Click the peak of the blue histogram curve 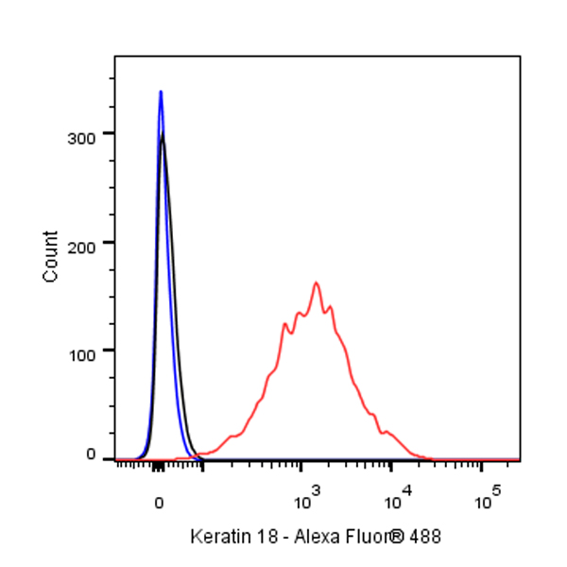(161, 93)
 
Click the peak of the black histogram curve (163, 135)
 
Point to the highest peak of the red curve (317, 283)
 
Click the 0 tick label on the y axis (93, 455)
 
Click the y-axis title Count (51, 256)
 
